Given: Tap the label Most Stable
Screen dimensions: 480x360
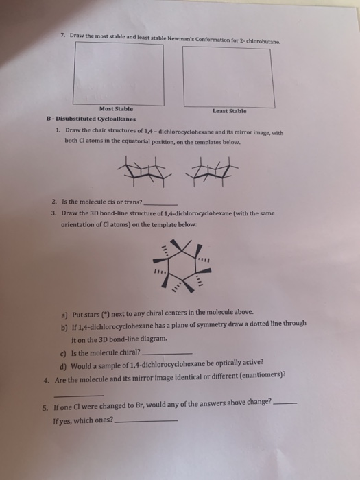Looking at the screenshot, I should pos(116,108).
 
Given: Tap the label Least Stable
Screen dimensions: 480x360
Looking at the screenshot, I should pos(230,110).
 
